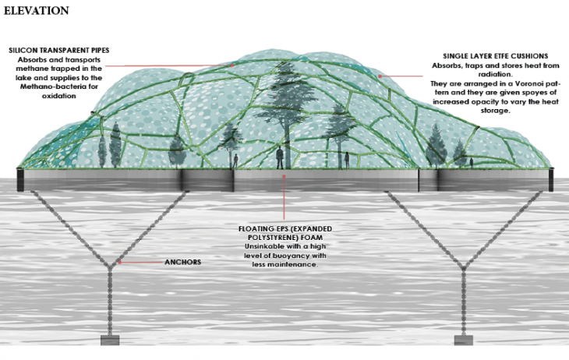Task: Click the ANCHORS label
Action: point(183,262)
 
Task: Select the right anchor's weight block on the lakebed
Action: point(465,340)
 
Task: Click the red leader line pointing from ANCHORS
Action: point(141,263)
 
